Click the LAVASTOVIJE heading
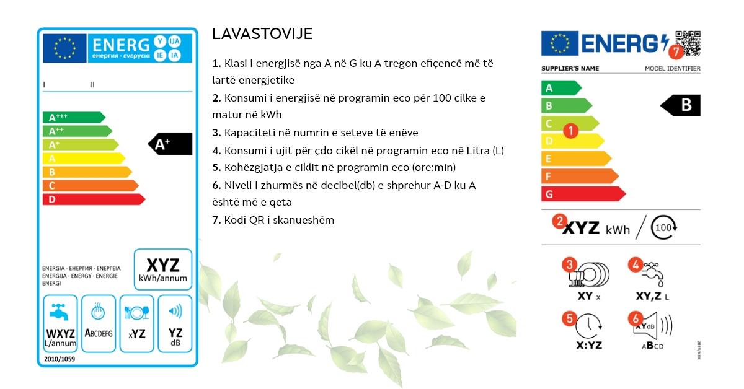[x=262, y=34]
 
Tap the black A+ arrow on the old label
[x=170, y=144]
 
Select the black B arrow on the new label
[x=681, y=105]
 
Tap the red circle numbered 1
[x=571, y=130]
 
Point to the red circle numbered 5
[x=569, y=319]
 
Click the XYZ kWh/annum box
[x=163, y=269]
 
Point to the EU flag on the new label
[x=559, y=43]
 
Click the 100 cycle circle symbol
[x=664, y=227]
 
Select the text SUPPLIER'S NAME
[x=570, y=68]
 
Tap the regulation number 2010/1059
[x=60, y=359]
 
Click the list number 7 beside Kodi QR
[x=216, y=220]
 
